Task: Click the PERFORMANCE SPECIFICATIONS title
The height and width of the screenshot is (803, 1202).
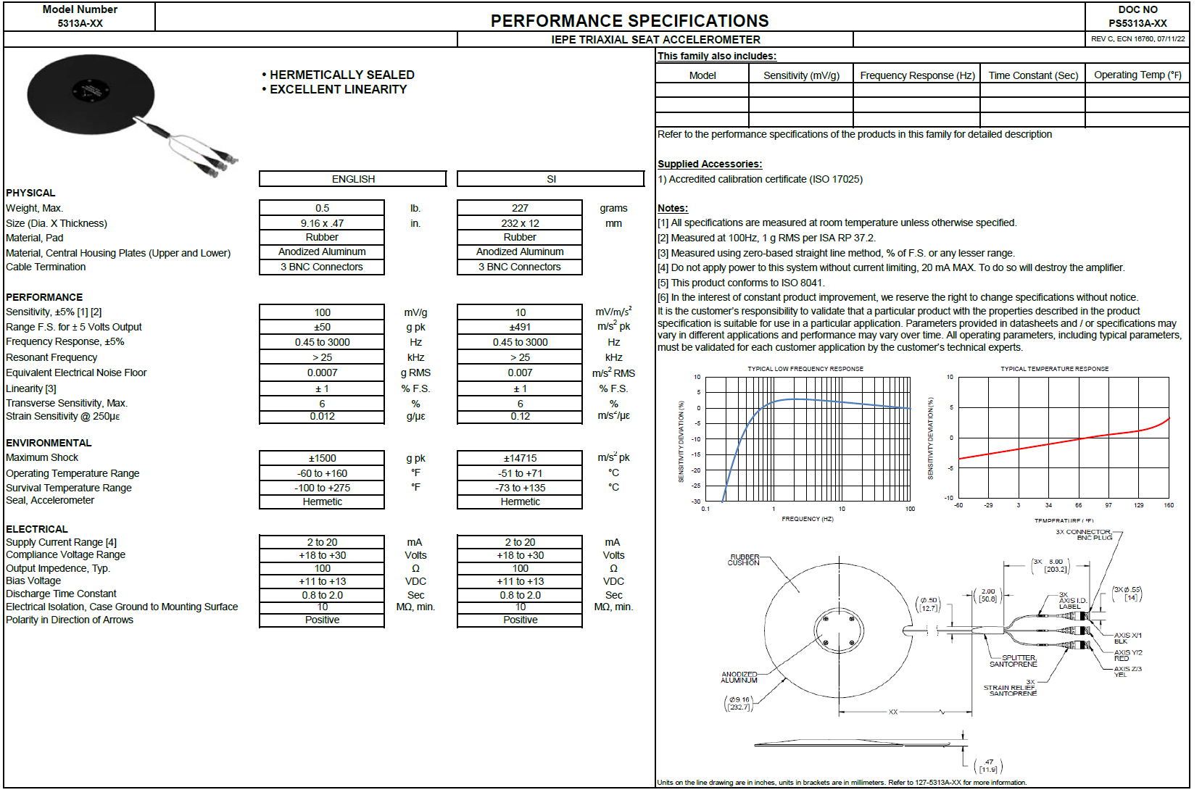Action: (x=629, y=20)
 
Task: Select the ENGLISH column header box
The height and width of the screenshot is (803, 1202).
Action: (x=353, y=179)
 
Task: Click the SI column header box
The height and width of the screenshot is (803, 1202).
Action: (x=551, y=179)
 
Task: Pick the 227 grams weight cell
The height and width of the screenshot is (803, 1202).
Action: (x=520, y=208)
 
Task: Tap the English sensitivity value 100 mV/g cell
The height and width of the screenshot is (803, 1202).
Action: (x=322, y=312)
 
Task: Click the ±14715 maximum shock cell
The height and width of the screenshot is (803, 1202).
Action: (x=520, y=458)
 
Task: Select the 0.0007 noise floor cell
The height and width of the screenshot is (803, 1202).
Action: (x=322, y=373)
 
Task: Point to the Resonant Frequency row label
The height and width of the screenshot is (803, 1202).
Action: (x=51, y=357)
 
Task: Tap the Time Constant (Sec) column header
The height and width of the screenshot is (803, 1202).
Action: (x=1032, y=75)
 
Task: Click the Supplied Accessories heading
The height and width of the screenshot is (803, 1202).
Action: (x=709, y=164)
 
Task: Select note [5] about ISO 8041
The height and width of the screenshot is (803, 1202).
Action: (x=741, y=283)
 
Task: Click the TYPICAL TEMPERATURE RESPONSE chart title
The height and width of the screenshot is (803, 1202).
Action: (x=1054, y=369)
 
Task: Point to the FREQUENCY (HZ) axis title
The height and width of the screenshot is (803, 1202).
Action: (x=807, y=519)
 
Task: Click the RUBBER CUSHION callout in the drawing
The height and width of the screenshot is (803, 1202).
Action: (x=744, y=560)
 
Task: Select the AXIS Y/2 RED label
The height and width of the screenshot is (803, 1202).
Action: (x=1127, y=655)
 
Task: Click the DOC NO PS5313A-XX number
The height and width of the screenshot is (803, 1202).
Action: (x=1137, y=23)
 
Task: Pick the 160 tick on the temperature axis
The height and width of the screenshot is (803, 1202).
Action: (x=1168, y=505)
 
